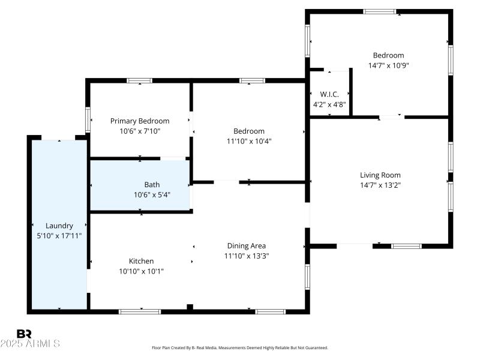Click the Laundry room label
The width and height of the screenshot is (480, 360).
(59, 226)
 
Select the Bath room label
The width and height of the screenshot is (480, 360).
(152, 185)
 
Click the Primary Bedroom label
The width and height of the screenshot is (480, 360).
(140, 121)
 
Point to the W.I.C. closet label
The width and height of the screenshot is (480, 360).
(329, 94)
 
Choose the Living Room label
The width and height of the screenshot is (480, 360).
(380, 175)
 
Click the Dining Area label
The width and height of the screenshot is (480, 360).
(246, 245)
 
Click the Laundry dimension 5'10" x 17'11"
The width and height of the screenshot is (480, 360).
(59, 236)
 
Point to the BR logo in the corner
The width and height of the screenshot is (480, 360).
(24, 334)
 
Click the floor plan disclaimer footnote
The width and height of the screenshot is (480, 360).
(240, 347)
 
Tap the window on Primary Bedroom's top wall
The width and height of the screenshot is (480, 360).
(139, 80)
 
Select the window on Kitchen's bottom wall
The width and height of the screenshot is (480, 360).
(140, 311)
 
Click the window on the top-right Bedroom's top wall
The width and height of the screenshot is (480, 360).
(380, 11)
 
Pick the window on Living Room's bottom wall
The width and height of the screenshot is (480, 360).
(406, 245)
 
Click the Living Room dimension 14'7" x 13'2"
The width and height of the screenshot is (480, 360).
(380, 185)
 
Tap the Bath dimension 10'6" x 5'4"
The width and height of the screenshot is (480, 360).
(152, 195)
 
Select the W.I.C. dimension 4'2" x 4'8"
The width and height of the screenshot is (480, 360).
(329, 104)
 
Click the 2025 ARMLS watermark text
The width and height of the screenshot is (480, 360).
(30, 344)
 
